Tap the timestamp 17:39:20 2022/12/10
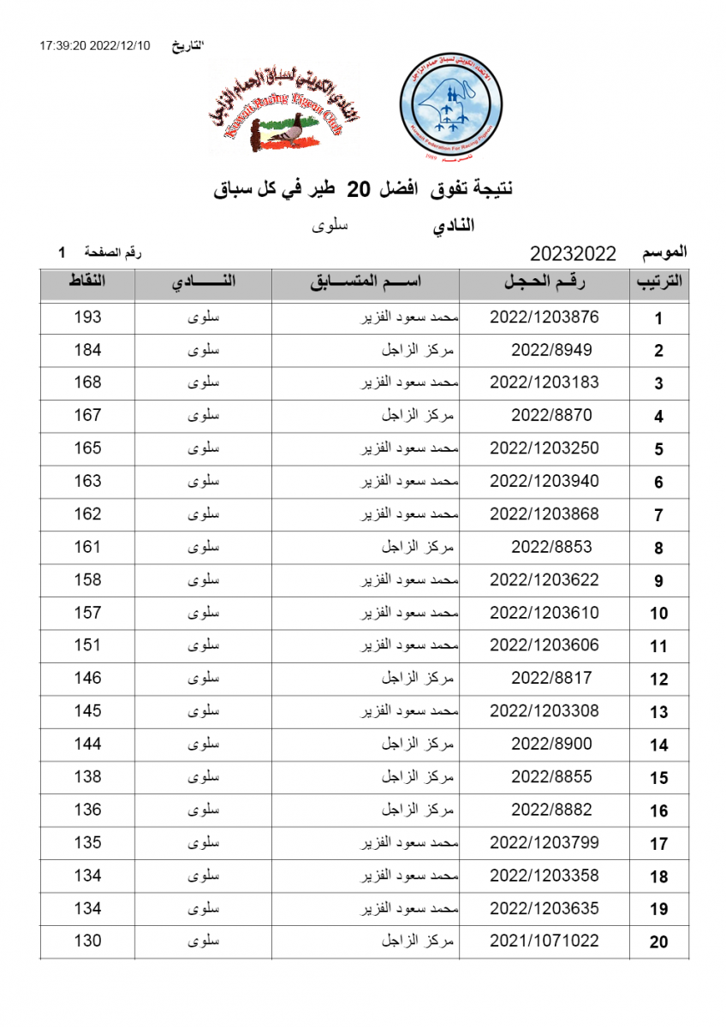click(x=94, y=45)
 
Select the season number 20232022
click(x=573, y=253)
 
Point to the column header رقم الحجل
click(x=544, y=283)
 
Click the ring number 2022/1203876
click(x=544, y=318)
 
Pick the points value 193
click(x=87, y=318)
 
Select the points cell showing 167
click(x=87, y=416)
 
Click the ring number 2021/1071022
click(x=544, y=941)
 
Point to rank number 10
click(x=658, y=614)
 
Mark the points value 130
click(x=87, y=941)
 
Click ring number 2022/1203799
click(x=544, y=843)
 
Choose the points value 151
click(x=87, y=645)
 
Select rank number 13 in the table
click(x=658, y=712)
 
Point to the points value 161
click(x=87, y=547)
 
